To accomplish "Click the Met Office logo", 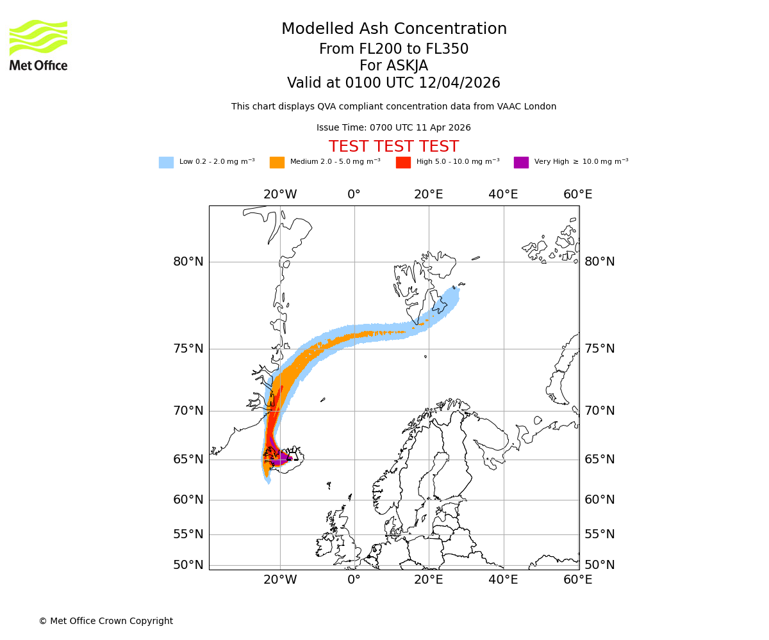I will pos(38,45).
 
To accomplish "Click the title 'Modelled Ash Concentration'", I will pos(393,29).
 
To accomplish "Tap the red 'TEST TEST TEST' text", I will pos(393,147).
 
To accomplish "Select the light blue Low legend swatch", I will pos(166,162).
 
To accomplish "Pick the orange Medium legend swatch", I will pos(277,162).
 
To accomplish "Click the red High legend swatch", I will pos(403,162).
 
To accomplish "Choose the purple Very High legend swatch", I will pos(521,162).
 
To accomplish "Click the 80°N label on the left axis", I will pos(188,262).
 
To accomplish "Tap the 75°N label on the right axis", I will pos(599,349).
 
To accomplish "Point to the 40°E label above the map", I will pos(503,195).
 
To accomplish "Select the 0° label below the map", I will pos(354,580).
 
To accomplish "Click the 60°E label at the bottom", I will pos(577,580).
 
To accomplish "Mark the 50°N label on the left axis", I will pos(188,565).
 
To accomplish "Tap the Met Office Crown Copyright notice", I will pos(106,621).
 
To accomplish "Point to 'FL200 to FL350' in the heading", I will pos(410,49).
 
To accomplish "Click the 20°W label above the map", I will pos(280,195).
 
